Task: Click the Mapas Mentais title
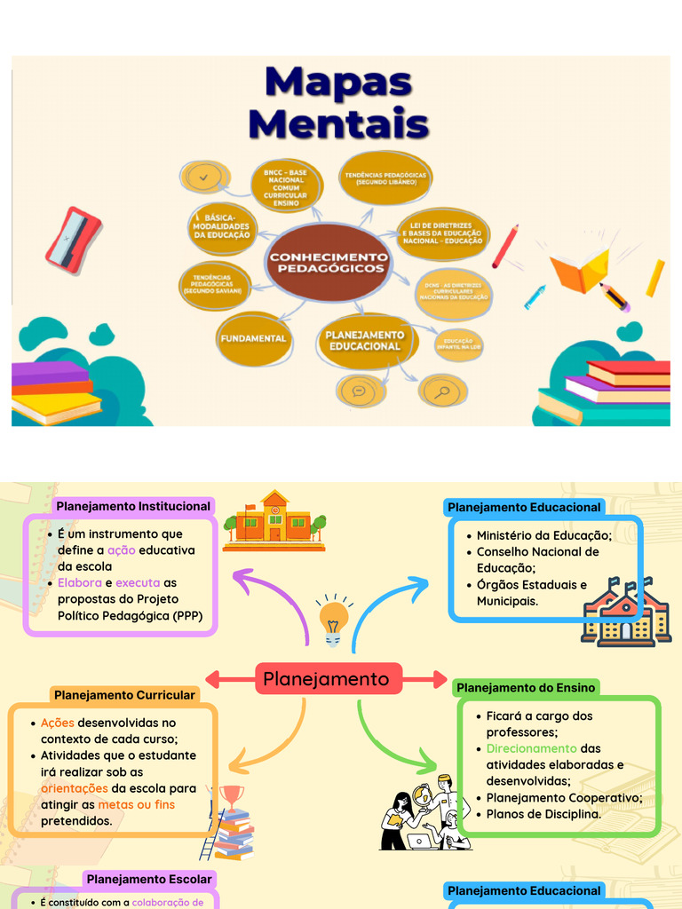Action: [x=338, y=102]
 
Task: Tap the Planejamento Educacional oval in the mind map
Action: [x=364, y=341]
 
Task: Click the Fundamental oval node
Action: [x=253, y=339]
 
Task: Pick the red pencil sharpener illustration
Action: [x=72, y=239]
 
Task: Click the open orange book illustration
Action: [x=579, y=270]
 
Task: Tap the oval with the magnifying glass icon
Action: [x=443, y=391]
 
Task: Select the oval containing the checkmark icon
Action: [x=205, y=177]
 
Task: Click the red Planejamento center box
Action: [x=326, y=679]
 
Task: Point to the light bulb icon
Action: [x=334, y=618]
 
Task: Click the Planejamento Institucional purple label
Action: [x=133, y=506]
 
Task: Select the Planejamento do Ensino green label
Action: [x=525, y=687]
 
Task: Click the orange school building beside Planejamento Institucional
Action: [x=274, y=521]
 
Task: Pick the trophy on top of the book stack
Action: [x=232, y=795]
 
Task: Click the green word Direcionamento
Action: [x=531, y=748]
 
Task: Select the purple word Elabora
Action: [x=79, y=583]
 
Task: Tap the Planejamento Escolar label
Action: [x=149, y=879]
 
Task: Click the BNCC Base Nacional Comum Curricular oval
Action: [x=286, y=186]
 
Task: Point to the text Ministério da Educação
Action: [x=544, y=535]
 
